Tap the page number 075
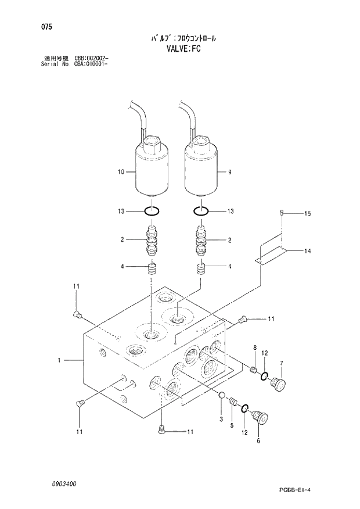(40, 27)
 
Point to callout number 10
(121, 172)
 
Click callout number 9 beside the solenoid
(229, 172)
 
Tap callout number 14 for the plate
(307, 251)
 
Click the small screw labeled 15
(282, 213)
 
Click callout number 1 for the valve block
(59, 361)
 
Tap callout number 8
(254, 347)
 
